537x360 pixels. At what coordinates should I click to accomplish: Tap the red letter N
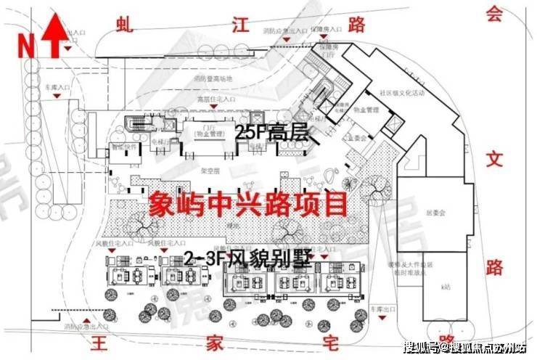pyautogui.click(x=26, y=45)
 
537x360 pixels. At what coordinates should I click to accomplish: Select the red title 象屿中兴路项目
pyautogui.click(x=248, y=205)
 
